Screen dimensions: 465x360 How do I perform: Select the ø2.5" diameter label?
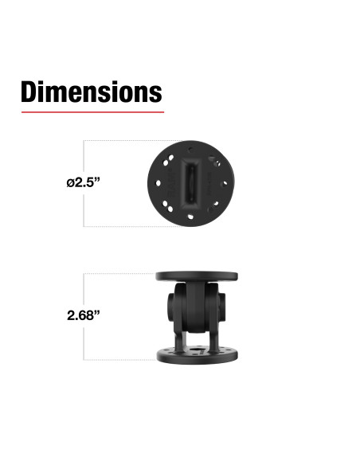click(83, 182)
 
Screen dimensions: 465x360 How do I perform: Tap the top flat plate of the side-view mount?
click(196, 276)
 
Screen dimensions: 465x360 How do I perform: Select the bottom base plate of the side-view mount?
click(196, 356)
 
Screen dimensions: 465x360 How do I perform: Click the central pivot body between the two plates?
click(197, 311)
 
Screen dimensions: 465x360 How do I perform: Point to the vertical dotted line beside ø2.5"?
click(84, 159)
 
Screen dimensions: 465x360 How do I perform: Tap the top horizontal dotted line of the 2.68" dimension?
click(119, 275)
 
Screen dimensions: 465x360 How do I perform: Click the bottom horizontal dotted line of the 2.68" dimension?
click(119, 360)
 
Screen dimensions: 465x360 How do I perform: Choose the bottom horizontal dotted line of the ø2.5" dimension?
click(119, 226)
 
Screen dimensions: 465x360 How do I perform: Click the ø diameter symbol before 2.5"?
click(71, 182)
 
